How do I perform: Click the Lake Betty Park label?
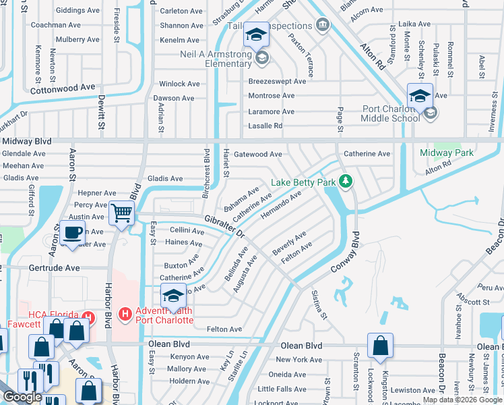[x=303, y=182]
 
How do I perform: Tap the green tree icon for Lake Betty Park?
[x=346, y=182]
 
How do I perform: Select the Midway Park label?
[x=447, y=153]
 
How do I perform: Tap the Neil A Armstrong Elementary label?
[x=215, y=59]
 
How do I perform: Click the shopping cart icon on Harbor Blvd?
[x=121, y=213]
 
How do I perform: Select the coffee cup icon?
[x=72, y=233]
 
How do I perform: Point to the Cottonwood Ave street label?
[x=63, y=88]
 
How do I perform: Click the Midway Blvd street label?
[x=27, y=141]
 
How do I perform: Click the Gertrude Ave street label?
[x=53, y=267]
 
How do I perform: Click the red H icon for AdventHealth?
[x=125, y=314]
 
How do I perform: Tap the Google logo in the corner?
[x=23, y=398]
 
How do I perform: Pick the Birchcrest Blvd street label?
[x=207, y=168]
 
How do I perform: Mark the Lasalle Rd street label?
[x=265, y=126]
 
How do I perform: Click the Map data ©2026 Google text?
[x=462, y=400]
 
